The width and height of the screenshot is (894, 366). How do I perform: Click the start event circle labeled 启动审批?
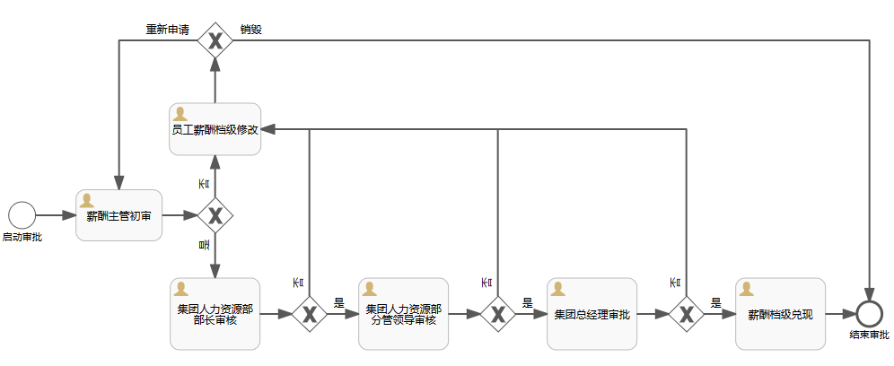pos(22,215)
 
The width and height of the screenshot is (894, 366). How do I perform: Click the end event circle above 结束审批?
pos(868,313)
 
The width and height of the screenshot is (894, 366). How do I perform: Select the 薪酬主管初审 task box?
pos(118,215)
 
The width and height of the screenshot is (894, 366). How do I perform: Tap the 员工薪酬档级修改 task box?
pos(215,129)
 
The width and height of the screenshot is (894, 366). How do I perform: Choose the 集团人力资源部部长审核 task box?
pos(215,313)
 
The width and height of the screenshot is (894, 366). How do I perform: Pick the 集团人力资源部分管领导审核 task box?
pos(403,313)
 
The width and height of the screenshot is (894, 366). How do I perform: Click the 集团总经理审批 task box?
pos(592,313)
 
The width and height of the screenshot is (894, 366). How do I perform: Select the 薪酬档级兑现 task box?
pos(780,313)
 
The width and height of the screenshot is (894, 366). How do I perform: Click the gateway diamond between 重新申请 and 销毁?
pos(215,40)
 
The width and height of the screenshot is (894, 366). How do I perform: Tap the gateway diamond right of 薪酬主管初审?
pos(215,215)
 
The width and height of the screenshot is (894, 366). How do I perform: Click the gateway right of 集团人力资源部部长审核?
pos(310,314)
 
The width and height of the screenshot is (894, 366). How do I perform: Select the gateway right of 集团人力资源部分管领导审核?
pos(498,314)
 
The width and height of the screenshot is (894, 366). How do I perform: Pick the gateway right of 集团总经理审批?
pos(687,314)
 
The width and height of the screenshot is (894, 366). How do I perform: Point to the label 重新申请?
pos(168,29)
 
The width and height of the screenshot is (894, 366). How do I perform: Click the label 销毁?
pos(251,29)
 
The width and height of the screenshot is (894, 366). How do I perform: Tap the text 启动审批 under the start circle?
pos(22,238)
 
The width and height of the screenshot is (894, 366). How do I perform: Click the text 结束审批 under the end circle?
pos(868,335)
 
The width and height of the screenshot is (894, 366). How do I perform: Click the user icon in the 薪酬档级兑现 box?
pos(747,289)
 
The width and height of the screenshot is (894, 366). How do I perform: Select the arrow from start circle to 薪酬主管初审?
pos(56,215)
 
